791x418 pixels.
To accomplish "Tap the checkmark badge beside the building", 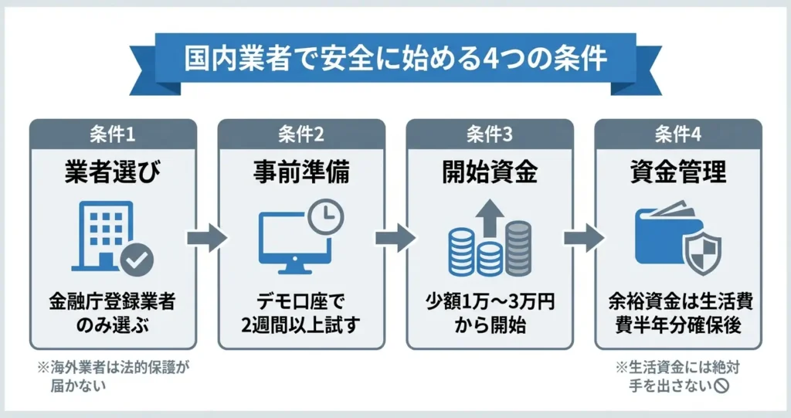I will (137, 260).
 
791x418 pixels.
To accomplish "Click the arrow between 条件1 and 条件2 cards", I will (207, 239).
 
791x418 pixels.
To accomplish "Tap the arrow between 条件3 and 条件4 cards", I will (583, 239).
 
